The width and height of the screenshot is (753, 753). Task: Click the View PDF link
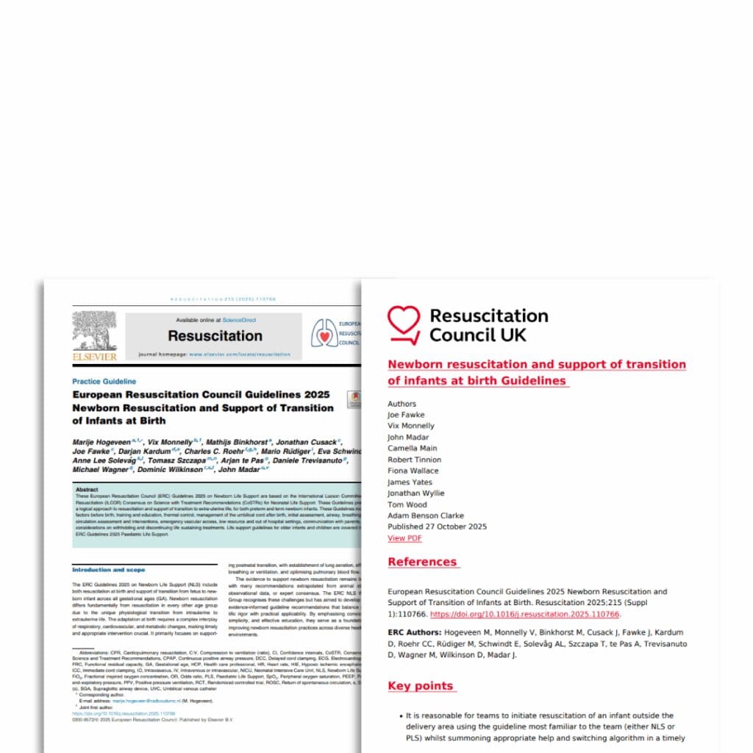click(404, 538)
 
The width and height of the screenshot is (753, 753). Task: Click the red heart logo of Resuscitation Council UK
click(404, 324)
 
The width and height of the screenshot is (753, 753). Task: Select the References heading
click(423, 562)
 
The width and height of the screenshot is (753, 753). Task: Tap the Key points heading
click(421, 685)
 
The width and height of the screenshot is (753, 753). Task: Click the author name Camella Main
click(412, 448)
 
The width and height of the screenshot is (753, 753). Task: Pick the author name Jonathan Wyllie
click(416, 493)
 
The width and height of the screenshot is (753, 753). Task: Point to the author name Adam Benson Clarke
click(426, 515)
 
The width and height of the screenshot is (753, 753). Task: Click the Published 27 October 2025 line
click(437, 527)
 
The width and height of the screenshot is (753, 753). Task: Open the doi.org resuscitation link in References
click(524, 614)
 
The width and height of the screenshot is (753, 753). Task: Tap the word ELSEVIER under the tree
click(94, 357)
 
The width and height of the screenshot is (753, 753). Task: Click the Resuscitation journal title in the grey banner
click(215, 336)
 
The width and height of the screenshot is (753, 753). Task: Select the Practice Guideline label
click(104, 381)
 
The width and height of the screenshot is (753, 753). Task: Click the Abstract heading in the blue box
click(87, 489)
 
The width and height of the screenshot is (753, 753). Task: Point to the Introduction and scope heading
click(108, 569)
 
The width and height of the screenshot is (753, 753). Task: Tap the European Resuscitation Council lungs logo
click(323, 332)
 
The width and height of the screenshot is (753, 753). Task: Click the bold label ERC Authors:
click(415, 632)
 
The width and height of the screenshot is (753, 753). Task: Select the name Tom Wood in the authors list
click(407, 504)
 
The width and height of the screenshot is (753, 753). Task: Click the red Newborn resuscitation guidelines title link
click(536, 372)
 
